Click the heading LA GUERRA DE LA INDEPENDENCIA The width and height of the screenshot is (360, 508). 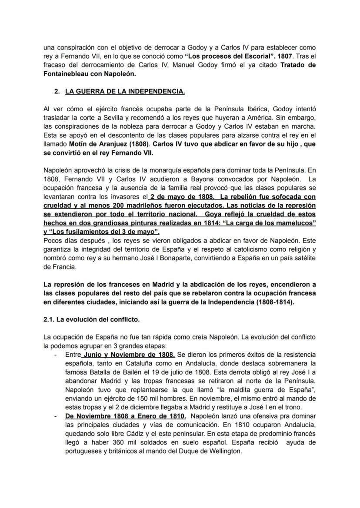pos(125,91)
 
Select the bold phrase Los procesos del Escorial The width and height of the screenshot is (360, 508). pos(222,55)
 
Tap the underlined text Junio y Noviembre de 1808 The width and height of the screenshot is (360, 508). pos(129,355)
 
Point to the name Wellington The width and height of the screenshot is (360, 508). pos(221,451)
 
